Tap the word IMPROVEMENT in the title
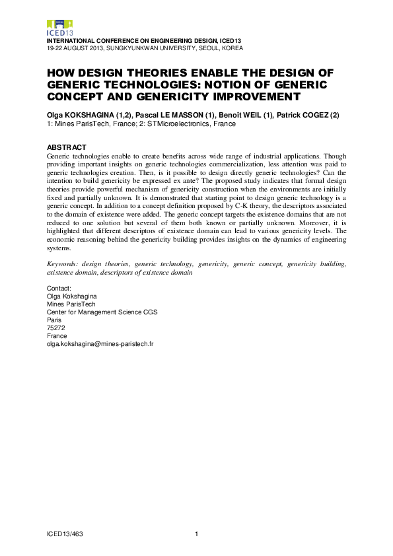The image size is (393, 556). coord(243,96)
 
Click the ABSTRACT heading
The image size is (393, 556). coord(67,147)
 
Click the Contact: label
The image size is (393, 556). coord(59,289)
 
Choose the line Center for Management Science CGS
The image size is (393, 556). coord(102,312)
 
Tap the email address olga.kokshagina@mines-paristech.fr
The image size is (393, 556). coord(100,344)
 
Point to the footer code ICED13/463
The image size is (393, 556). coord(65,534)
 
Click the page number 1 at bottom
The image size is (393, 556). coord(197,534)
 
